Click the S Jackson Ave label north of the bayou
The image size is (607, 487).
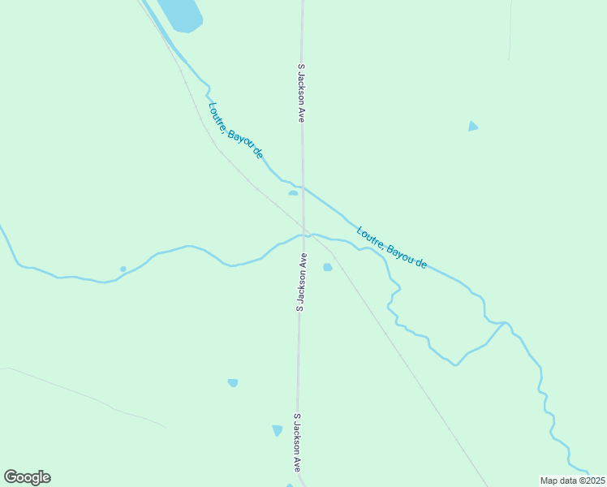[x=301, y=93]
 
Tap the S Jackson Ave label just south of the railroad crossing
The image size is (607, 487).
[x=302, y=282]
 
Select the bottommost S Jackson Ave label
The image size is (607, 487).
[x=298, y=443]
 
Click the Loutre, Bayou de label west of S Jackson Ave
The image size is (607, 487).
[x=236, y=129]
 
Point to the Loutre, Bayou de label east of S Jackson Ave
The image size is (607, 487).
[x=391, y=248]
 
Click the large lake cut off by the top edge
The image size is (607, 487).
[x=182, y=14]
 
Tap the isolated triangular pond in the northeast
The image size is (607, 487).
[x=472, y=127]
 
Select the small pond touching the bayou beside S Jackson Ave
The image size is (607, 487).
[x=293, y=193]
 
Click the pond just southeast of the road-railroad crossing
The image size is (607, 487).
[x=328, y=267]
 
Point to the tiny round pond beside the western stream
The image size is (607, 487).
[x=123, y=269]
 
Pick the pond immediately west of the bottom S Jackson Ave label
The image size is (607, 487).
[x=277, y=430]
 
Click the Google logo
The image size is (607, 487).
[x=27, y=477]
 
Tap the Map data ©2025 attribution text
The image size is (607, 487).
[x=573, y=481]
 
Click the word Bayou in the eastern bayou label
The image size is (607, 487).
[x=401, y=253]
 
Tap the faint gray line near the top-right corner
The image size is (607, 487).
[x=510, y=32]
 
